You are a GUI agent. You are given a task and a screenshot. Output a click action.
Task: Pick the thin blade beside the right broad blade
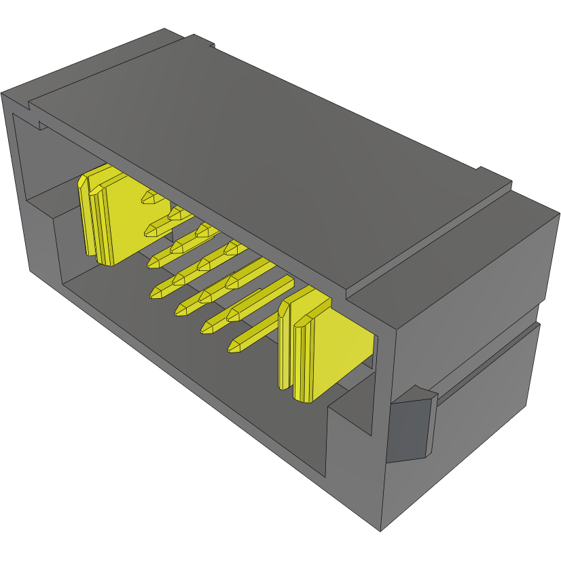[284, 346]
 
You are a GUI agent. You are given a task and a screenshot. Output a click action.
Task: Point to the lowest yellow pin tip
[235, 347]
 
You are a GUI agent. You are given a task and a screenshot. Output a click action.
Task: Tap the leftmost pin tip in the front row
[156, 293]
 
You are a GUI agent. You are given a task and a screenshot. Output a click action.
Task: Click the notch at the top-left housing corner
[31, 105]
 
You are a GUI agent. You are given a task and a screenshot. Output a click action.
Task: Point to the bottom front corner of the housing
[380, 530]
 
